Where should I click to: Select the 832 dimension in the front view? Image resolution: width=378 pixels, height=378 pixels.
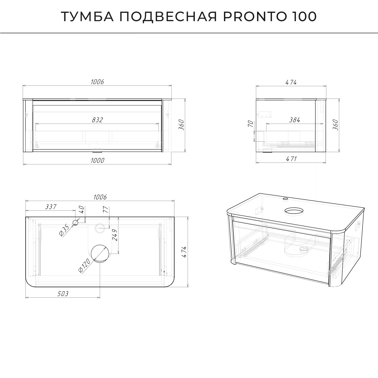[97, 120]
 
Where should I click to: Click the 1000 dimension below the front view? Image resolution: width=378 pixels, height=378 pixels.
[97, 161]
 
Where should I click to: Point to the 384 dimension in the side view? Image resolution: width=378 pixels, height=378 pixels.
[294, 120]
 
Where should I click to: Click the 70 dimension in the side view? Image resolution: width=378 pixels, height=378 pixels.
[250, 124]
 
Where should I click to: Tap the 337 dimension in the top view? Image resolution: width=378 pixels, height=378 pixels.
[51, 207]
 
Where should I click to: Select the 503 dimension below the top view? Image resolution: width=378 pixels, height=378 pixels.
[63, 294]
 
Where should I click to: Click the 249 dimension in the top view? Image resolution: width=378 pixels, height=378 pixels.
[115, 235]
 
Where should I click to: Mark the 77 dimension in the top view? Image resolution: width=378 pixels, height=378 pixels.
[105, 209]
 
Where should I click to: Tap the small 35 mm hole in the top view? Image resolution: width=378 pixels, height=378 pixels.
[75, 222]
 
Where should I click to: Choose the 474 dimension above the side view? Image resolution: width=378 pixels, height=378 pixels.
[291, 82]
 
